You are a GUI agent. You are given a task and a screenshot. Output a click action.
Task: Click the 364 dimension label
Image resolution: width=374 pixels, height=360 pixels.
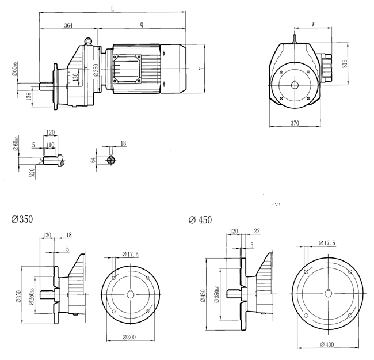click(x=68, y=26)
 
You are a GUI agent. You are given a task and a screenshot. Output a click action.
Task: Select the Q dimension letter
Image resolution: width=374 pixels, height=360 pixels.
click(x=141, y=25)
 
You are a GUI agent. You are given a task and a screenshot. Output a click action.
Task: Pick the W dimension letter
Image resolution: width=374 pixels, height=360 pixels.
click(x=312, y=24)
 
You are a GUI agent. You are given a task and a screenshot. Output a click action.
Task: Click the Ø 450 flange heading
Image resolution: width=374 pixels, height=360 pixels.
click(x=200, y=219)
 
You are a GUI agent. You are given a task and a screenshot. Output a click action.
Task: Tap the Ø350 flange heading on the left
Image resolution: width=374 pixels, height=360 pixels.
click(x=22, y=219)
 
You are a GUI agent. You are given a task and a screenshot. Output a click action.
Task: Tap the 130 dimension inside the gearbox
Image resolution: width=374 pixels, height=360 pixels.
click(x=74, y=77)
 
